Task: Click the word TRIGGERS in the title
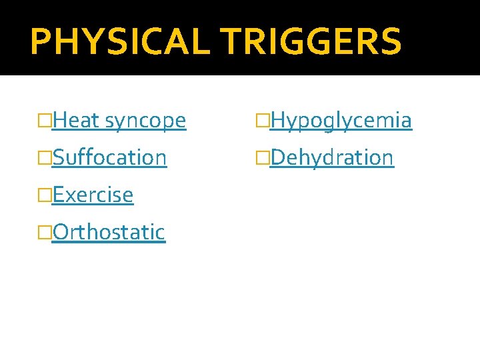[x=311, y=41]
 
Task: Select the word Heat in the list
[x=76, y=121]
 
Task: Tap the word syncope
[x=145, y=121]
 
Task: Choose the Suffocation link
[x=109, y=158]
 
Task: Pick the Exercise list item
[x=93, y=195]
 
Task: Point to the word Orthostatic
[x=109, y=232]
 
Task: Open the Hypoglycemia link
[x=341, y=121]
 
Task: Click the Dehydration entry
[x=332, y=158]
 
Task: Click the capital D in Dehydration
[x=277, y=158]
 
